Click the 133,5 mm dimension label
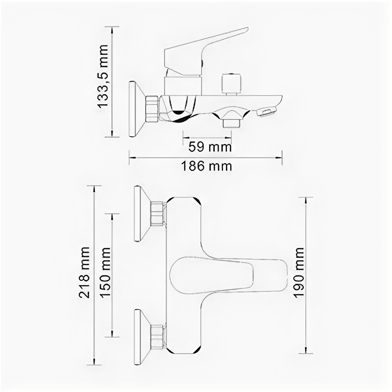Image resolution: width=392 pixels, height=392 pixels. click(102, 76)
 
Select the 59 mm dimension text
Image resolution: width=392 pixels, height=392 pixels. click(210, 147)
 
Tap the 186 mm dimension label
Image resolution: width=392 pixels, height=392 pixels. click(206, 166)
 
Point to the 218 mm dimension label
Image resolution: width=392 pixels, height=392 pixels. click(84, 272)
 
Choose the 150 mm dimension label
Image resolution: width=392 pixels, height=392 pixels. click(105, 272)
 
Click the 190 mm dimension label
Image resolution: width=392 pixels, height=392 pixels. click(298, 272)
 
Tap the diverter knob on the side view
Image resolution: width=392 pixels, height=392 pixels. click(231, 84)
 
